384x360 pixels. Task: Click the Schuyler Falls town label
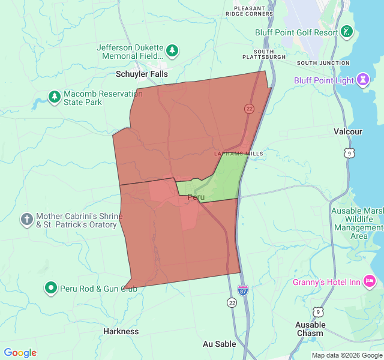click(142, 73)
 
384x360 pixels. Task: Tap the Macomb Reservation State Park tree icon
click(55, 96)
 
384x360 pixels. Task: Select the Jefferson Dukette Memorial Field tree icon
click(172, 50)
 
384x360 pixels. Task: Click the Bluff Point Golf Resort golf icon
click(347, 31)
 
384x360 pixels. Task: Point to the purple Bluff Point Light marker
click(362, 79)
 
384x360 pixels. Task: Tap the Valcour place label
click(348, 131)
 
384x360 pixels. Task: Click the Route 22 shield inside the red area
click(249, 109)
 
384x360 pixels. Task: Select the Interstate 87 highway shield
click(243, 290)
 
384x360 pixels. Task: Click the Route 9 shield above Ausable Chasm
click(317, 311)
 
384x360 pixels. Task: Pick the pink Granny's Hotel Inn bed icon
click(369, 280)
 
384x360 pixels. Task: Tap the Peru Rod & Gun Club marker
click(52, 289)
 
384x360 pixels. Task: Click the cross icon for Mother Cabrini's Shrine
click(26, 219)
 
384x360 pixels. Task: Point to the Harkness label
click(121, 331)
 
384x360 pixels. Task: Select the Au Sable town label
click(219, 344)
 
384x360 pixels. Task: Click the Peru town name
click(196, 197)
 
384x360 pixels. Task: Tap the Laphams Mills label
click(239, 154)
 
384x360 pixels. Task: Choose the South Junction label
click(323, 63)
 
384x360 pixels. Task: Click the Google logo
click(20, 353)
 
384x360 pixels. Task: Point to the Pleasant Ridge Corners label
click(250, 10)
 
